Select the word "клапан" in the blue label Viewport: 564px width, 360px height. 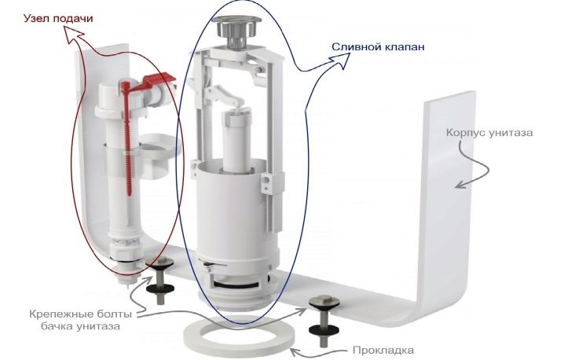click(405, 47)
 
